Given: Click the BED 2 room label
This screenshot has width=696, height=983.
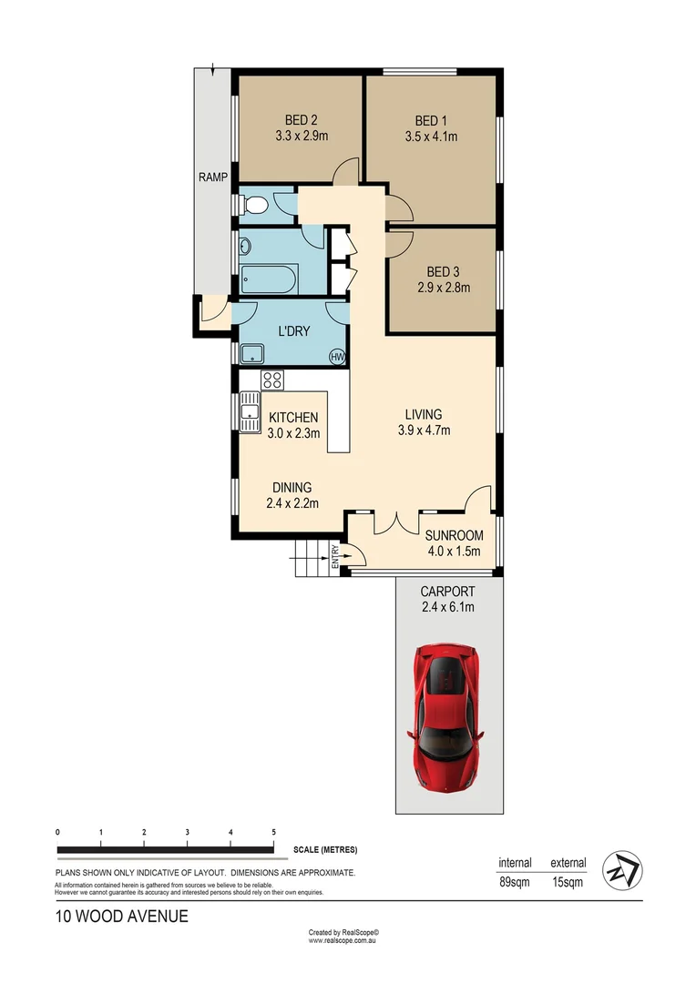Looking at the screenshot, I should [x=301, y=120].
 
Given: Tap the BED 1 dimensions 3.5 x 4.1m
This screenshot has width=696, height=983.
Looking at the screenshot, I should [x=431, y=137].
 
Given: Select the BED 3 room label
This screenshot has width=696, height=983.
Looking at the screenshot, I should [x=443, y=271].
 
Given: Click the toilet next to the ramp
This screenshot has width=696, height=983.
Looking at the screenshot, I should [x=254, y=207].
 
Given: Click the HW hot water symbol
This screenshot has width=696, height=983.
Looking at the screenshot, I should [x=338, y=357].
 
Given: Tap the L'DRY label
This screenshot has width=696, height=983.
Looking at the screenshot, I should [x=292, y=331].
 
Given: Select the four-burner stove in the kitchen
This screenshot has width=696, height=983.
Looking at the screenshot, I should [x=272, y=380].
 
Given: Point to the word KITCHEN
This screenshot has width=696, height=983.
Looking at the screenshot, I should [x=293, y=418].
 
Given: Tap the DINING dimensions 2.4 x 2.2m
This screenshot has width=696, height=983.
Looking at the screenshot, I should [x=290, y=502].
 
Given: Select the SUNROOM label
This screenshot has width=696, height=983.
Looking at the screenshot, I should [x=454, y=535].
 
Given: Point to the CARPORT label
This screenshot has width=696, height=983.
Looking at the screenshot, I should [x=447, y=592].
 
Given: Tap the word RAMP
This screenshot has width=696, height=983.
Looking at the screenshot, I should [x=213, y=177].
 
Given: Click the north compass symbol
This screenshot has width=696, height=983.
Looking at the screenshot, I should [x=625, y=871].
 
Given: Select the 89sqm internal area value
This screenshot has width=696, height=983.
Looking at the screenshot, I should [x=515, y=882].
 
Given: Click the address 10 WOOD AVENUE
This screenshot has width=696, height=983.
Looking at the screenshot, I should [x=121, y=917].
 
